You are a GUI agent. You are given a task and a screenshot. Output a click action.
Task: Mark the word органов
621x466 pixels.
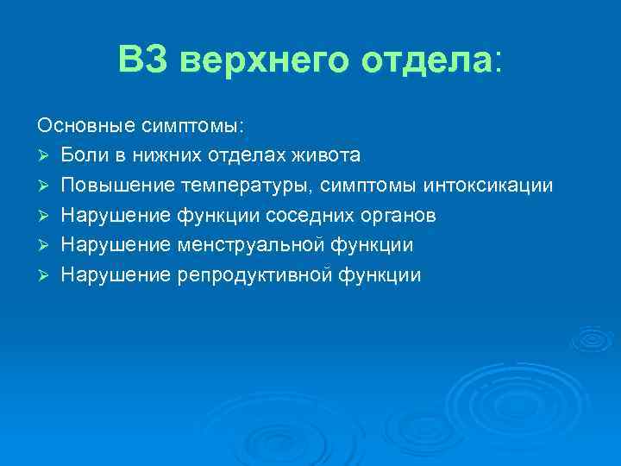tap(399, 216)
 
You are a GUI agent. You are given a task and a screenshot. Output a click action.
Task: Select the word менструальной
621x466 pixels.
tap(252, 246)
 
